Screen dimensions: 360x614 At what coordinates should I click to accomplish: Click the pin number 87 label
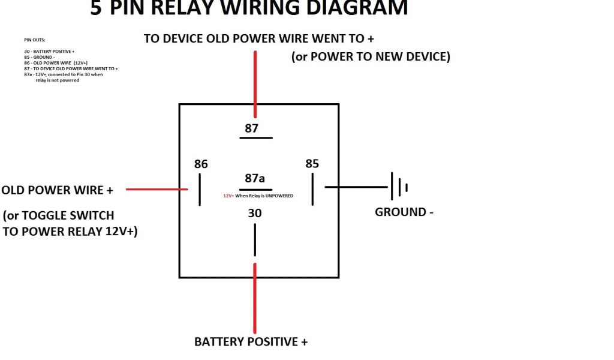(x=251, y=128)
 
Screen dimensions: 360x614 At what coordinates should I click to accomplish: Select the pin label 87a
(x=255, y=178)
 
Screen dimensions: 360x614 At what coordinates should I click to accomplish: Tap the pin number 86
(x=201, y=164)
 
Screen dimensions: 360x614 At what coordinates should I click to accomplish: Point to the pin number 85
(x=312, y=164)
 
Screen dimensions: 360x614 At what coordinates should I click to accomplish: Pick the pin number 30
(x=254, y=213)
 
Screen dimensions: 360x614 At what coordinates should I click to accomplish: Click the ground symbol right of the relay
(x=399, y=187)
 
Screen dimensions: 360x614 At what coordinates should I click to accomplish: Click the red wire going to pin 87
(x=255, y=84)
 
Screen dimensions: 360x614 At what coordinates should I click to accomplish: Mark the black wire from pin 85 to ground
(x=357, y=187)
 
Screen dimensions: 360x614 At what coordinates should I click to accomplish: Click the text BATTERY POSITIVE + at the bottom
(x=251, y=342)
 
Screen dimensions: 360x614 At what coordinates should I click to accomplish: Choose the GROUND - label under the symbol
(x=404, y=212)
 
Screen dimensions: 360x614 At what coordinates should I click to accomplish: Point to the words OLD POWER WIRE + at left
(x=58, y=190)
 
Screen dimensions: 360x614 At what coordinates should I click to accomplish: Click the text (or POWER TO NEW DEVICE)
(x=371, y=56)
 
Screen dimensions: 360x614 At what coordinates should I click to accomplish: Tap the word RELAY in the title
(x=179, y=8)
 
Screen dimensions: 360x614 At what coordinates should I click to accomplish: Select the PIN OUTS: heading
(x=35, y=40)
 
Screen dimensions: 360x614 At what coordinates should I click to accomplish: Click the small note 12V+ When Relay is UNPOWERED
(x=258, y=196)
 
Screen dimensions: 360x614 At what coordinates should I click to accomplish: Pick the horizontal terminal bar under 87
(x=256, y=138)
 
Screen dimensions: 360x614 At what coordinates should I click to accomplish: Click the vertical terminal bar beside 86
(x=200, y=190)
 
